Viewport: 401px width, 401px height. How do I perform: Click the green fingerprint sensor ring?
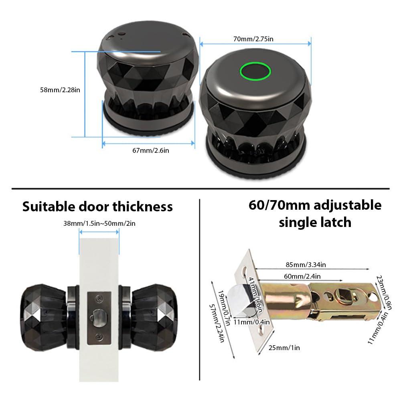pyautogui.click(x=255, y=72)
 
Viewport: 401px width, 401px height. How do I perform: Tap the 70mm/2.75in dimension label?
pyautogui.click(x=255, y=39)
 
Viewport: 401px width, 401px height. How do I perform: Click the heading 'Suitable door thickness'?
pyautogui.click(x=97, y=207)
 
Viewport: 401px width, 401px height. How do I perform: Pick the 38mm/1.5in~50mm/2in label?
pyautogui.click(x=99, y=223)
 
